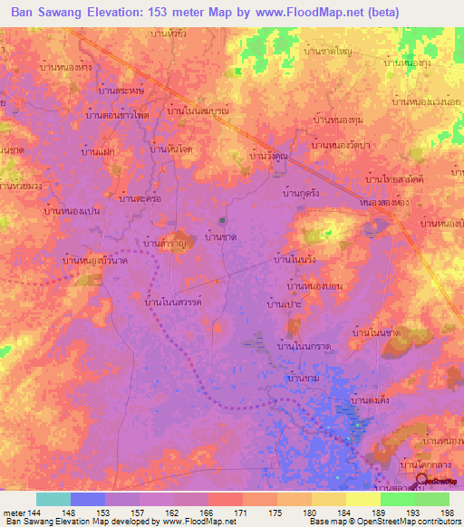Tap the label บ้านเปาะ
(x=284, y=306)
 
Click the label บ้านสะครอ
(x=140, y=196)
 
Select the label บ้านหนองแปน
(x=72, y=211)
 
